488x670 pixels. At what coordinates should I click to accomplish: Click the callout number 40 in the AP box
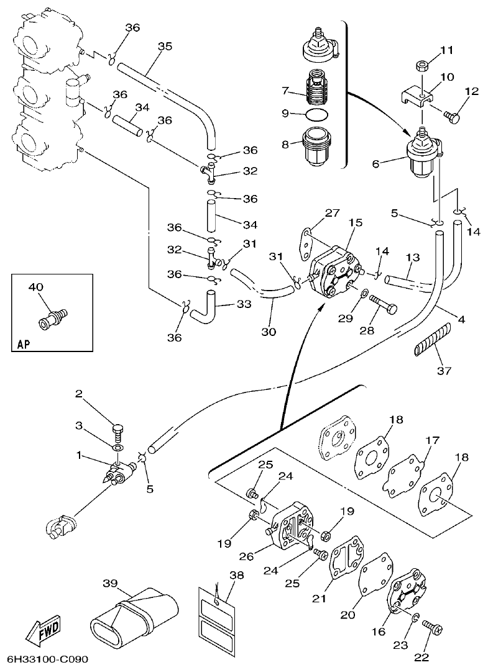coord(36,287)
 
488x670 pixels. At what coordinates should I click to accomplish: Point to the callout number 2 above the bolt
coord(79,394)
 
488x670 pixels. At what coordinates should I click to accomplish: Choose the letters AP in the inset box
coord(23,343)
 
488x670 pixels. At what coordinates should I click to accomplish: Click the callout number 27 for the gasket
coord(332,214)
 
